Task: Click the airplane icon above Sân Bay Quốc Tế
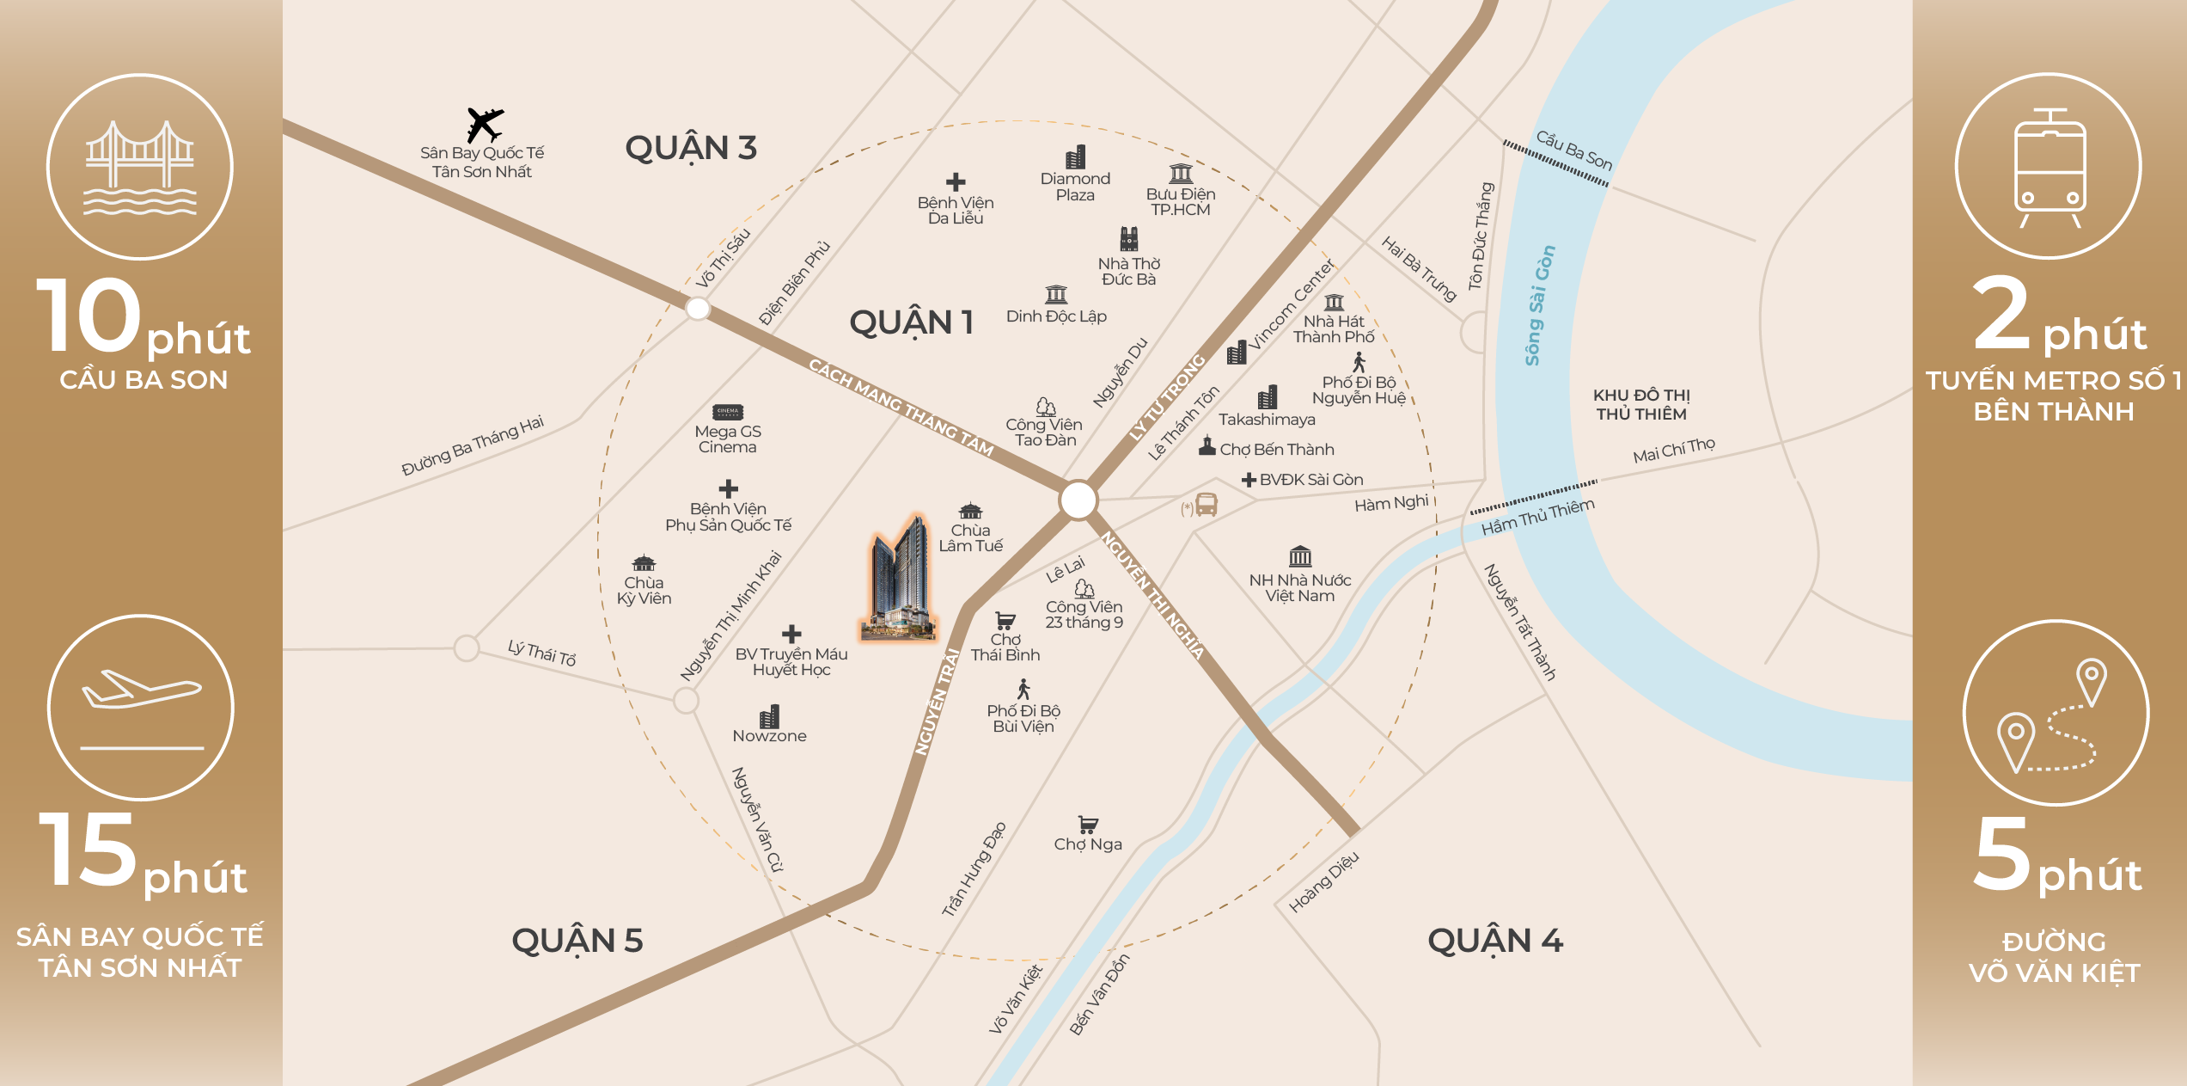coord(485,125)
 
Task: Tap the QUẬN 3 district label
coord(691,148)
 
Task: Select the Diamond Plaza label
coord(1075,187)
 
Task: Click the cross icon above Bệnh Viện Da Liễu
coord(956,181)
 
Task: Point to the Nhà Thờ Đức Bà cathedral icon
coord(1129,238)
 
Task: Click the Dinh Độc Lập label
coord(1056,316)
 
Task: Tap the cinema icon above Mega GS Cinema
coord(727,412)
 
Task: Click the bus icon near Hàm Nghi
coord(1207,505)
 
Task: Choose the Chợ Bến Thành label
coord(1276,450)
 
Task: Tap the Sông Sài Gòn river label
coord(1539,305)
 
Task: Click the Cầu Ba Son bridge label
coord(1574,150)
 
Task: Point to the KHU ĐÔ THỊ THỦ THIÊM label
coord(1641,405)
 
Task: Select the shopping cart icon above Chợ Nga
coord(1088,825)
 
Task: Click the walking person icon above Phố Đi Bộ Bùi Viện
coord(1023,689)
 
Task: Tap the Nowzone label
coord(769,736)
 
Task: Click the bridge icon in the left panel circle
coord(140,168)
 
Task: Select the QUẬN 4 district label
coord(1495,941)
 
